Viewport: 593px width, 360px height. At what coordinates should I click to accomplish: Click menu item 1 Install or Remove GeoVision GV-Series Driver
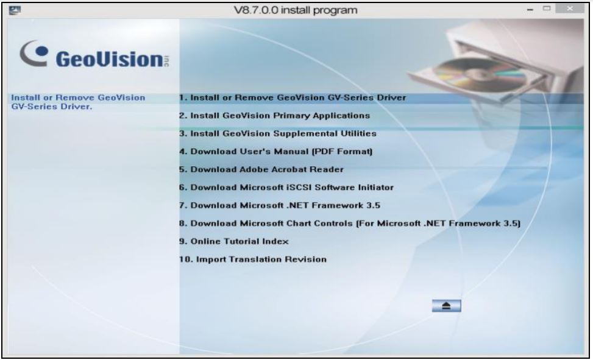[x=293, y=97]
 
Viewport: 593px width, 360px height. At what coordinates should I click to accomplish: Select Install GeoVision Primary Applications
[x=275, y=116]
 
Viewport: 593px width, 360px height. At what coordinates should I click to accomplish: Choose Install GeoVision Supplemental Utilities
[x=278, y=133]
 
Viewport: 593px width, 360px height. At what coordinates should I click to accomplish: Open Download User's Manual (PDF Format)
[x=276, y=152]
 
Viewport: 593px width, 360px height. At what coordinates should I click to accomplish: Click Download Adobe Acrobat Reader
[x=261, y=169]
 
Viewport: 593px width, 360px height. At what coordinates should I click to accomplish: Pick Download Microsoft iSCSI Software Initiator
[x=286, y=188]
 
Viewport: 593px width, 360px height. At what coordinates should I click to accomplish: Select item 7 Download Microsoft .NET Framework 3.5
[x=280, y=205]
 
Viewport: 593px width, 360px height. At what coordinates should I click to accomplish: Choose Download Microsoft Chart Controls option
[x=350, y=224]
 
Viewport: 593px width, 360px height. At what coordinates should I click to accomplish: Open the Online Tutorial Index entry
[x=233, y=241]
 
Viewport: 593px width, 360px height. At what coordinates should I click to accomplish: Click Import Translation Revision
[x=253, y=259]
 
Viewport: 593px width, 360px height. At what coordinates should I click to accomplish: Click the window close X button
[x=570, y=9]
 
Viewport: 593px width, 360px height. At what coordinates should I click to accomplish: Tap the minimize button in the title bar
[x=530, y=10]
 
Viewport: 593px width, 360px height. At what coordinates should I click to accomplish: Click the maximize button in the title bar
[x=547, y=9]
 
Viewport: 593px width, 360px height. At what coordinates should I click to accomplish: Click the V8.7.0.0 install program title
[x=296, y=10]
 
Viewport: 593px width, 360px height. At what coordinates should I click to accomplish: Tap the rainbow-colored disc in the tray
[x=479, y=73]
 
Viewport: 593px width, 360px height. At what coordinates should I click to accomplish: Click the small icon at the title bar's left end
[x=15, y=10]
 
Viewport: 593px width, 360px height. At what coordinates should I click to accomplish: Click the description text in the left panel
[x=78, y=102]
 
